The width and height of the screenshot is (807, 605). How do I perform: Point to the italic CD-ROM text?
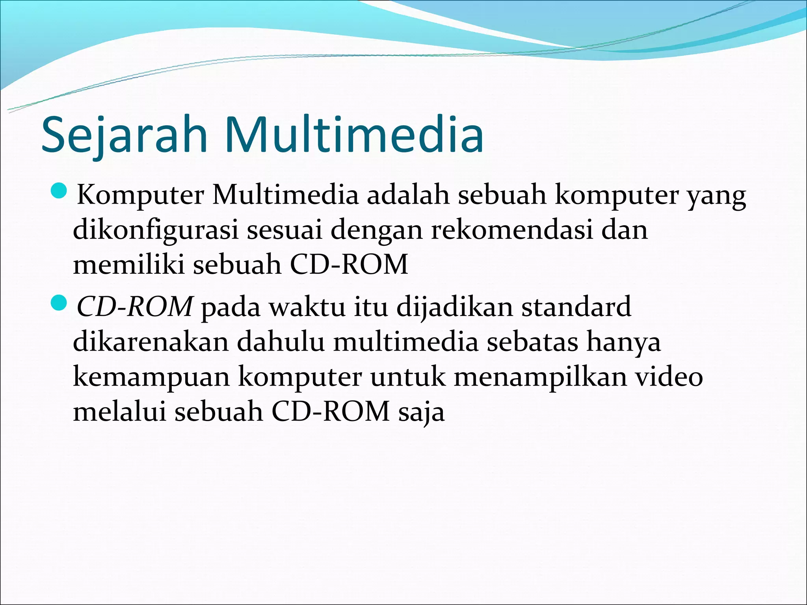click(134, 306)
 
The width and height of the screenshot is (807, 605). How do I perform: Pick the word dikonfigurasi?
click(156, 230)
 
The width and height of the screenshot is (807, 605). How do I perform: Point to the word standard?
click(576, 306)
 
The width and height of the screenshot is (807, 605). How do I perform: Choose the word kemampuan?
click(151, 377)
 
